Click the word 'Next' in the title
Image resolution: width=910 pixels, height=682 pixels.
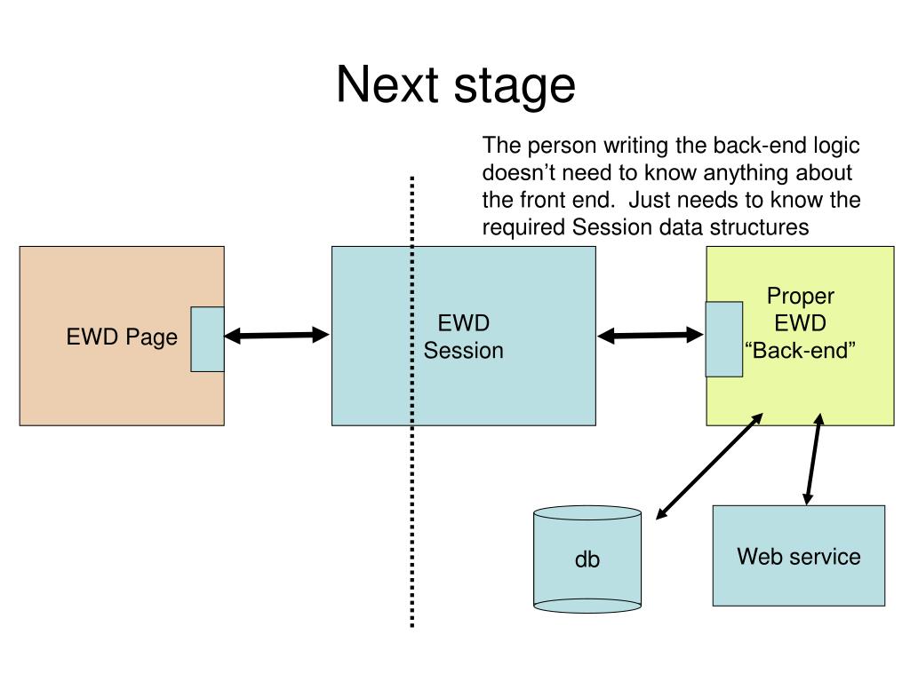click(x=387, y=84)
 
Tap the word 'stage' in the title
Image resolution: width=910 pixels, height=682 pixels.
click(x=515, y=87)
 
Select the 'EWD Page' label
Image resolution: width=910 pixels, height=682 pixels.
click(x=122, y=337)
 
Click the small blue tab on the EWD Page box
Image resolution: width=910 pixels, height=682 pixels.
click(x=207, y=339)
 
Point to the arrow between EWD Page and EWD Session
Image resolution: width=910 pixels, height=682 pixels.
click(x=277, y=335)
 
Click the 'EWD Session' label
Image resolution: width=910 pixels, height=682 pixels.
click(x=463, y=337)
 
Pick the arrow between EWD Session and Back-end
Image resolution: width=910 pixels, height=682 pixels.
click(x=650, y=335)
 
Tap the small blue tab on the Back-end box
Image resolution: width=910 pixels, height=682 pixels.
click(x=723, y=339)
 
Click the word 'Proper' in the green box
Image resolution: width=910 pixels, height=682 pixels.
click(x=801, y=297)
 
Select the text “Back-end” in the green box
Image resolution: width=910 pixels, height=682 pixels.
click(x=800, y=350)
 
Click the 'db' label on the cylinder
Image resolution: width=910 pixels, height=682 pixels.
click(x=587, y=559)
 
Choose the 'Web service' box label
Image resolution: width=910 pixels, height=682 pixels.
click(x=799, y=557)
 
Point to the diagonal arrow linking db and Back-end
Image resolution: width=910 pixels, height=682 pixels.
click(x=709, y=466)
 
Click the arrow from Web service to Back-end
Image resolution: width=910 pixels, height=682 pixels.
click(x=813, y=459)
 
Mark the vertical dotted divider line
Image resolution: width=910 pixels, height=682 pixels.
click(x=412, y=402)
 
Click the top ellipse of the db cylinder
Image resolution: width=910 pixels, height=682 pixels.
click(x=587, y=513)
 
